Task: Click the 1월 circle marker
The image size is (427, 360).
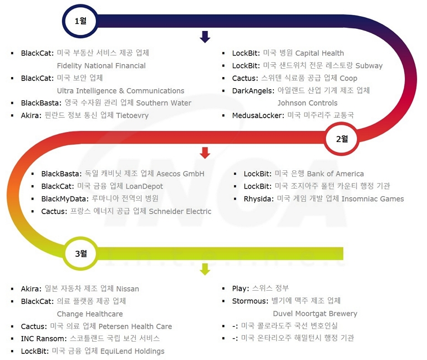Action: (x=80, y=21)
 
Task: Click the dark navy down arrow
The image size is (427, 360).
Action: (x=205, y=37)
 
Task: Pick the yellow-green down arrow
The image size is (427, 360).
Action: (x=205, y=269)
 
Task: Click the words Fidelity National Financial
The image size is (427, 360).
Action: (x=101, y=65)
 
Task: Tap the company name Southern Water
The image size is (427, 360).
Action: (x=164, y=103)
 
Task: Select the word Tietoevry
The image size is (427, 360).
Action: (x=132, y=115)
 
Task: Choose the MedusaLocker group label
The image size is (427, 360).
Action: (x=258, y=115)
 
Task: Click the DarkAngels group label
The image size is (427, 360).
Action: (x=253, y=90)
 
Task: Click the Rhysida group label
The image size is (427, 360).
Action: (x=258, y=199)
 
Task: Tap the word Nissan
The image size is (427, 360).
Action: (x=128, y=288)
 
